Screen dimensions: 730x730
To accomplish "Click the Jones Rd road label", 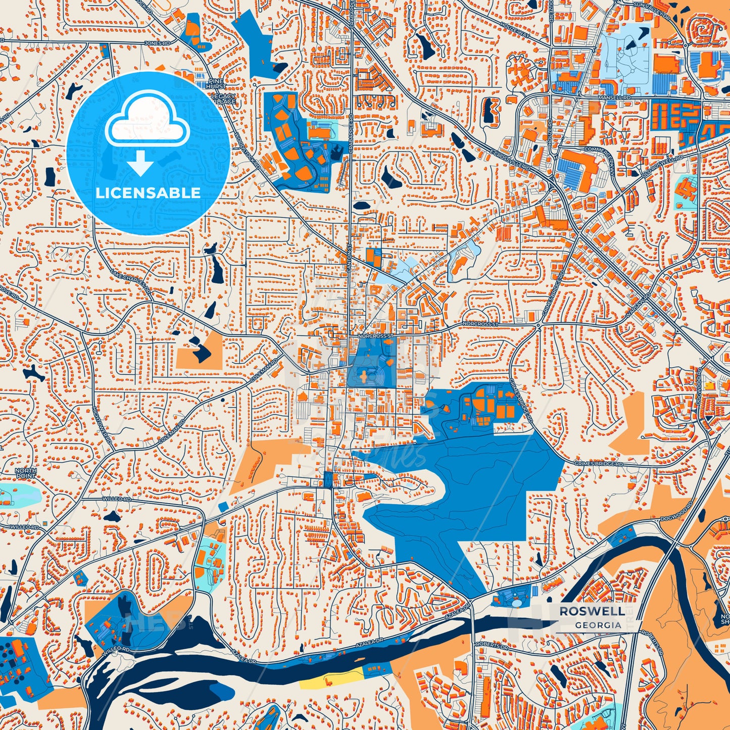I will coord(153,43).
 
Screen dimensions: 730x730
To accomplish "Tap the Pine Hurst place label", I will coord(216,84).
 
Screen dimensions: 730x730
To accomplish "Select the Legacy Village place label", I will coord(223,99).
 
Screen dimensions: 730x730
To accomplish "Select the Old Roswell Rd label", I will coord(662,165).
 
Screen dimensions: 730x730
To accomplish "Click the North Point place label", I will coord(26,473).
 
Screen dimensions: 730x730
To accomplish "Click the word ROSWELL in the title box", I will coord(591,611).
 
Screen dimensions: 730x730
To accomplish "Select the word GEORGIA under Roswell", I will coord(598,625).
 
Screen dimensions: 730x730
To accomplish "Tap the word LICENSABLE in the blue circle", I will coord(148,192).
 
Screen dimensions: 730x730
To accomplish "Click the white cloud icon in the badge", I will coord(148,120).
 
